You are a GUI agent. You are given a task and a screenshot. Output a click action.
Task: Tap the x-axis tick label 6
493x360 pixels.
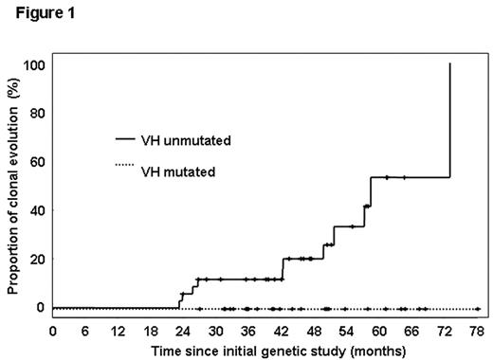pyautogui.click(x=85, y=332)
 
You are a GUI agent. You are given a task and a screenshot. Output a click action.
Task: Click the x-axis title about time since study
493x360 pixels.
pyautogui.click(x=265, y=351)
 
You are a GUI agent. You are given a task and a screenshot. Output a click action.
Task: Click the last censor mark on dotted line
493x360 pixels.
pyautogui.click(x=477, y=309)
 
